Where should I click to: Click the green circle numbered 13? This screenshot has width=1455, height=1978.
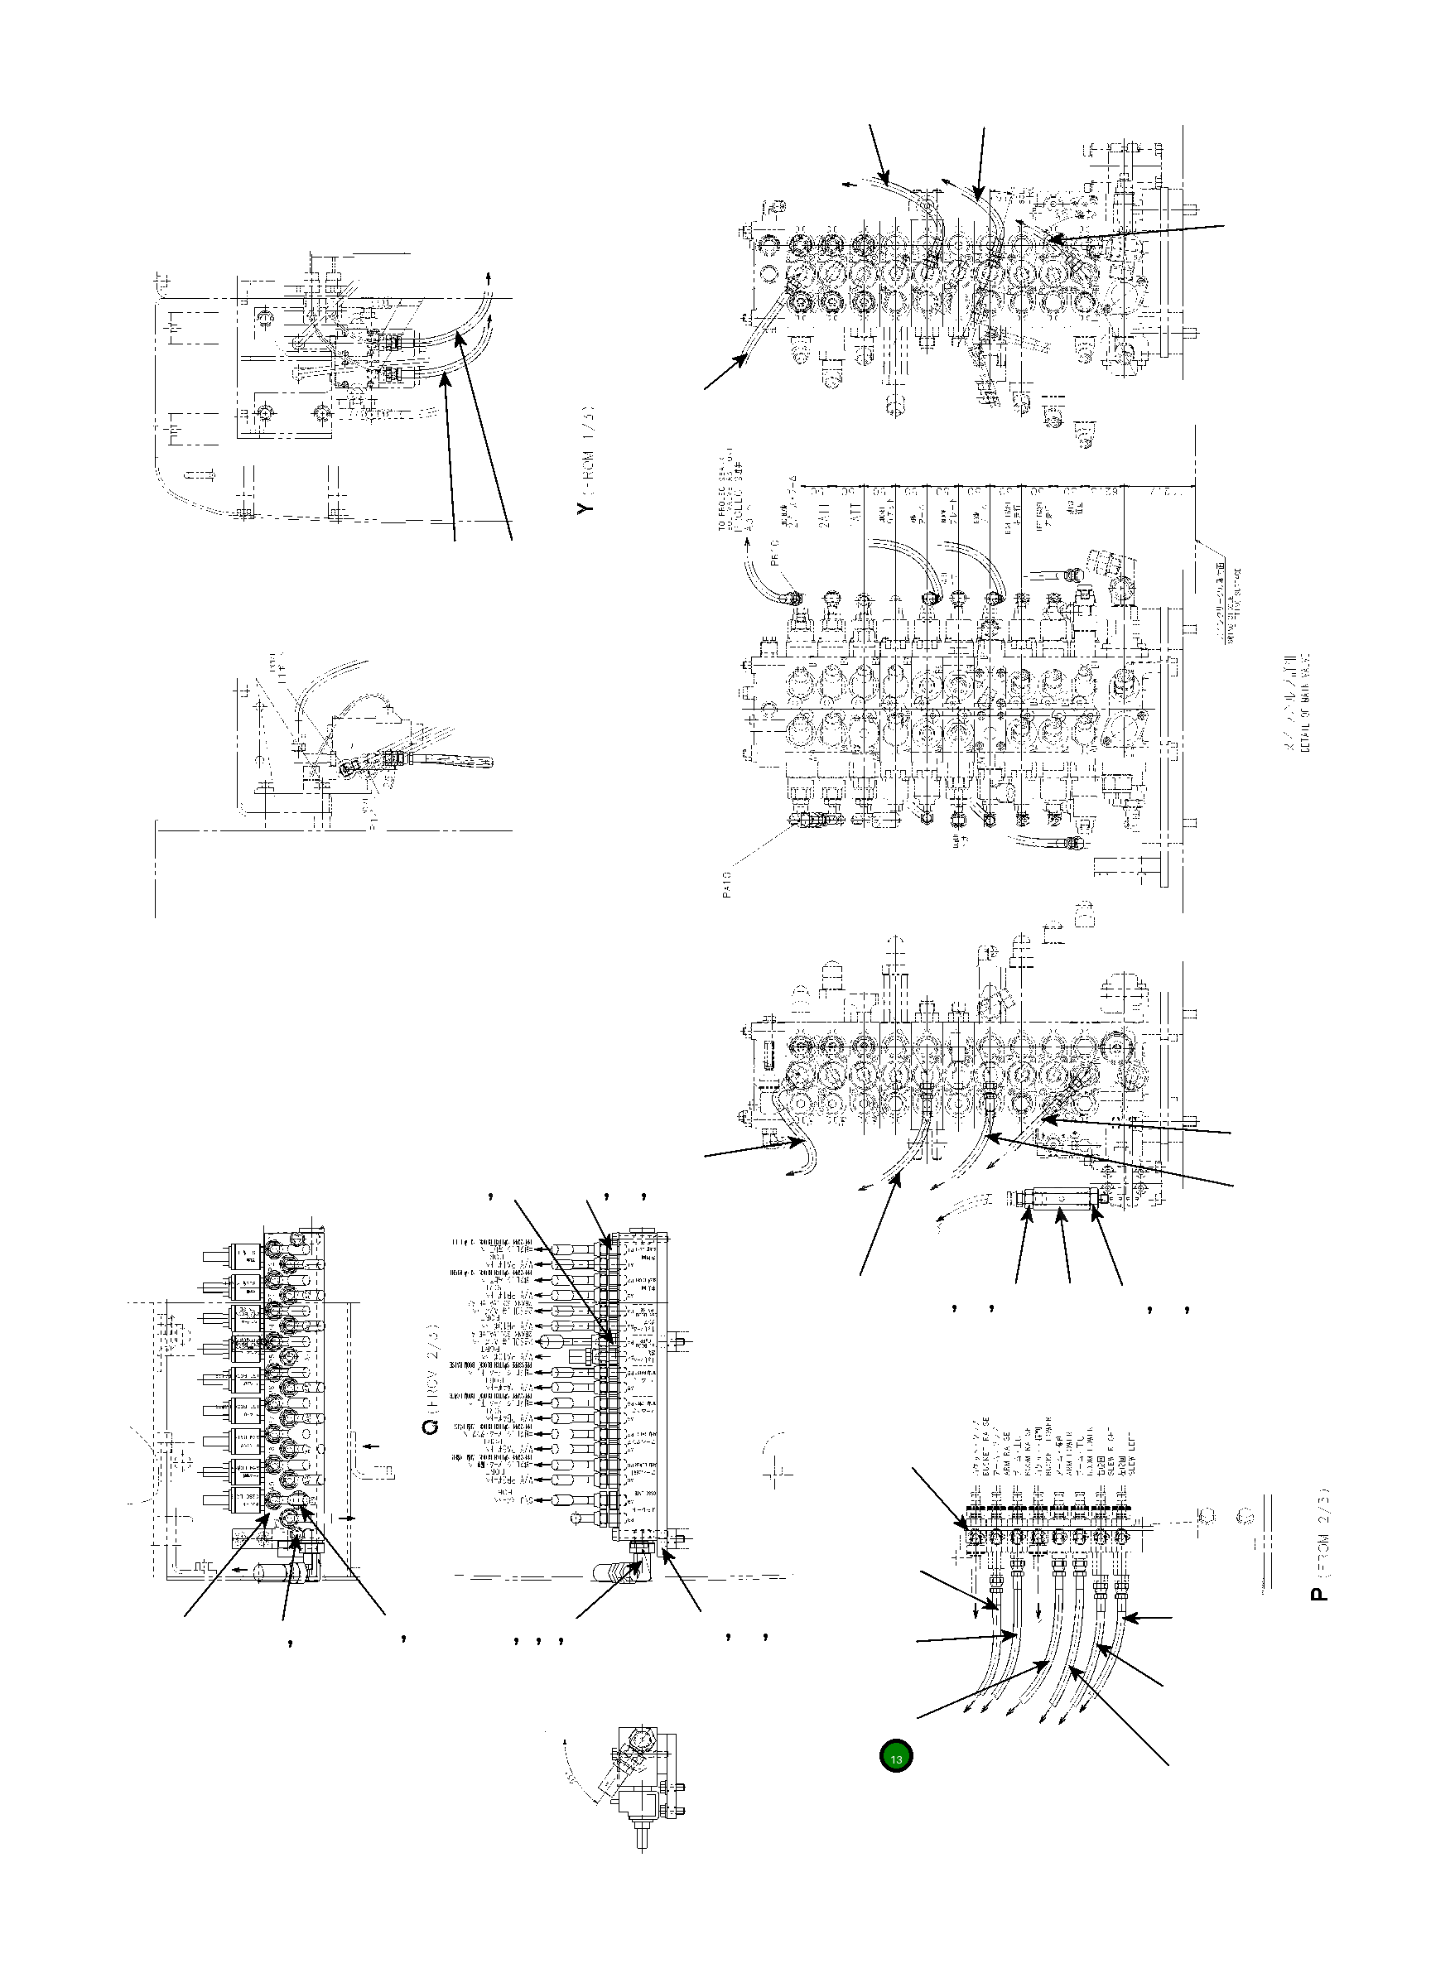(896, 1756)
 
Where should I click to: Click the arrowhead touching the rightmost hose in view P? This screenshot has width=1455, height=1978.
(1131, 1618)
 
